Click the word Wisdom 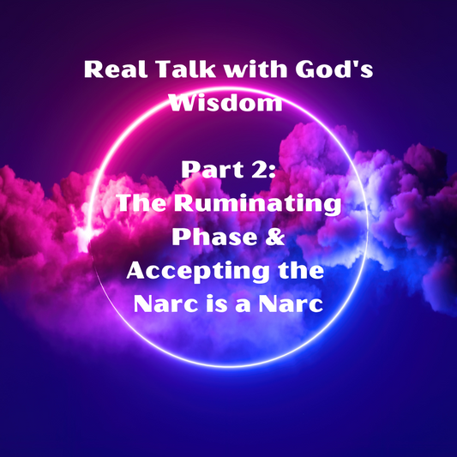coord(228,103)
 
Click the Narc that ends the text coord(292,303)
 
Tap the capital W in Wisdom coord(182,103)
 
